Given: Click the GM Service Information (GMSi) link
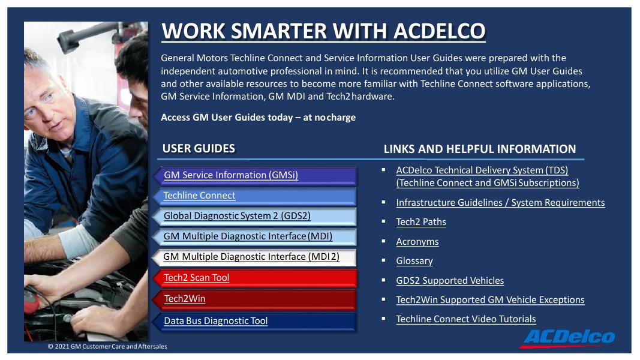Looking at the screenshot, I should click(x=231, y=175).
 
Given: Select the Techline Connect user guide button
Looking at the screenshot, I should click(x=200, y=196).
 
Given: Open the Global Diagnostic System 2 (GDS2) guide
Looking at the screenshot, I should click(x=237, y=216).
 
